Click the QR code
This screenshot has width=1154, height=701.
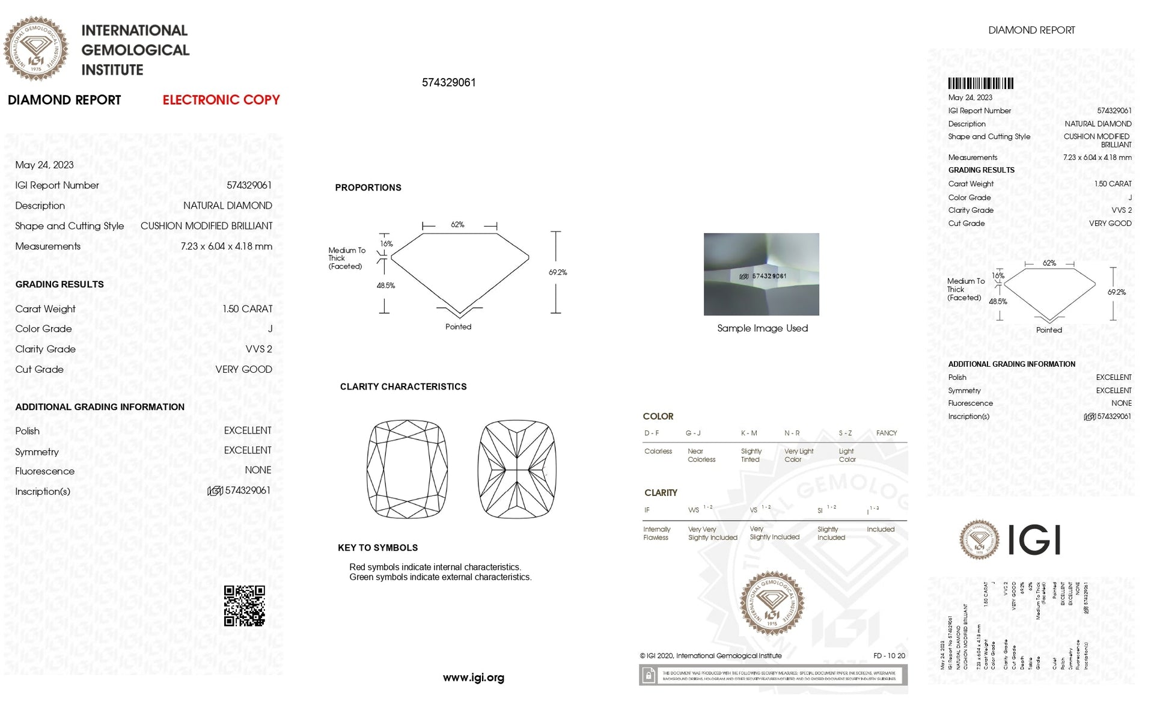(244, 605)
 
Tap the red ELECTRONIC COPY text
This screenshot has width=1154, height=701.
(221, 100)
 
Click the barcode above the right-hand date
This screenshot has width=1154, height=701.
(980, 84)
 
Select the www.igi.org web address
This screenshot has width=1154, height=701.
(473, 678)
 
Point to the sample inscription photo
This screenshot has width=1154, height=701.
(761, 274)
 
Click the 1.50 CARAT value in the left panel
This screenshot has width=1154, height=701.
(247, 309)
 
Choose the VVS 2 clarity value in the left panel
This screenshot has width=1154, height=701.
(258, 349)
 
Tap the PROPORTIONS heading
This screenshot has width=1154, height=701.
(368, 188)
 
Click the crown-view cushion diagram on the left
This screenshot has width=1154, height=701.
(407, 469)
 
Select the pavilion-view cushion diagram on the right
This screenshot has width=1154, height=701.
(517, 469)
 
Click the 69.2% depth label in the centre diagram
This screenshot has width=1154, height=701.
(557, 272)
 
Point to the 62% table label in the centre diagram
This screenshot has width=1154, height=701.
(457, 225)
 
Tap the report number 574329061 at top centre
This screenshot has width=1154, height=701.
(448, 82)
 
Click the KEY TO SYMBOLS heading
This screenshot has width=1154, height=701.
(377, 548)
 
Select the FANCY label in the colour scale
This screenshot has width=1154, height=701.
(886, 433)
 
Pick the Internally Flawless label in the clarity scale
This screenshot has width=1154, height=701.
(656, 533)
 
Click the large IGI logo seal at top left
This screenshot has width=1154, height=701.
(35, 48)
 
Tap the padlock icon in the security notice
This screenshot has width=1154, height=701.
(649, 676)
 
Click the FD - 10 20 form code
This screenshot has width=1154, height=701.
(889, 656)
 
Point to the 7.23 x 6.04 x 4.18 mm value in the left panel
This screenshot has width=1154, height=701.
(226, 246)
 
